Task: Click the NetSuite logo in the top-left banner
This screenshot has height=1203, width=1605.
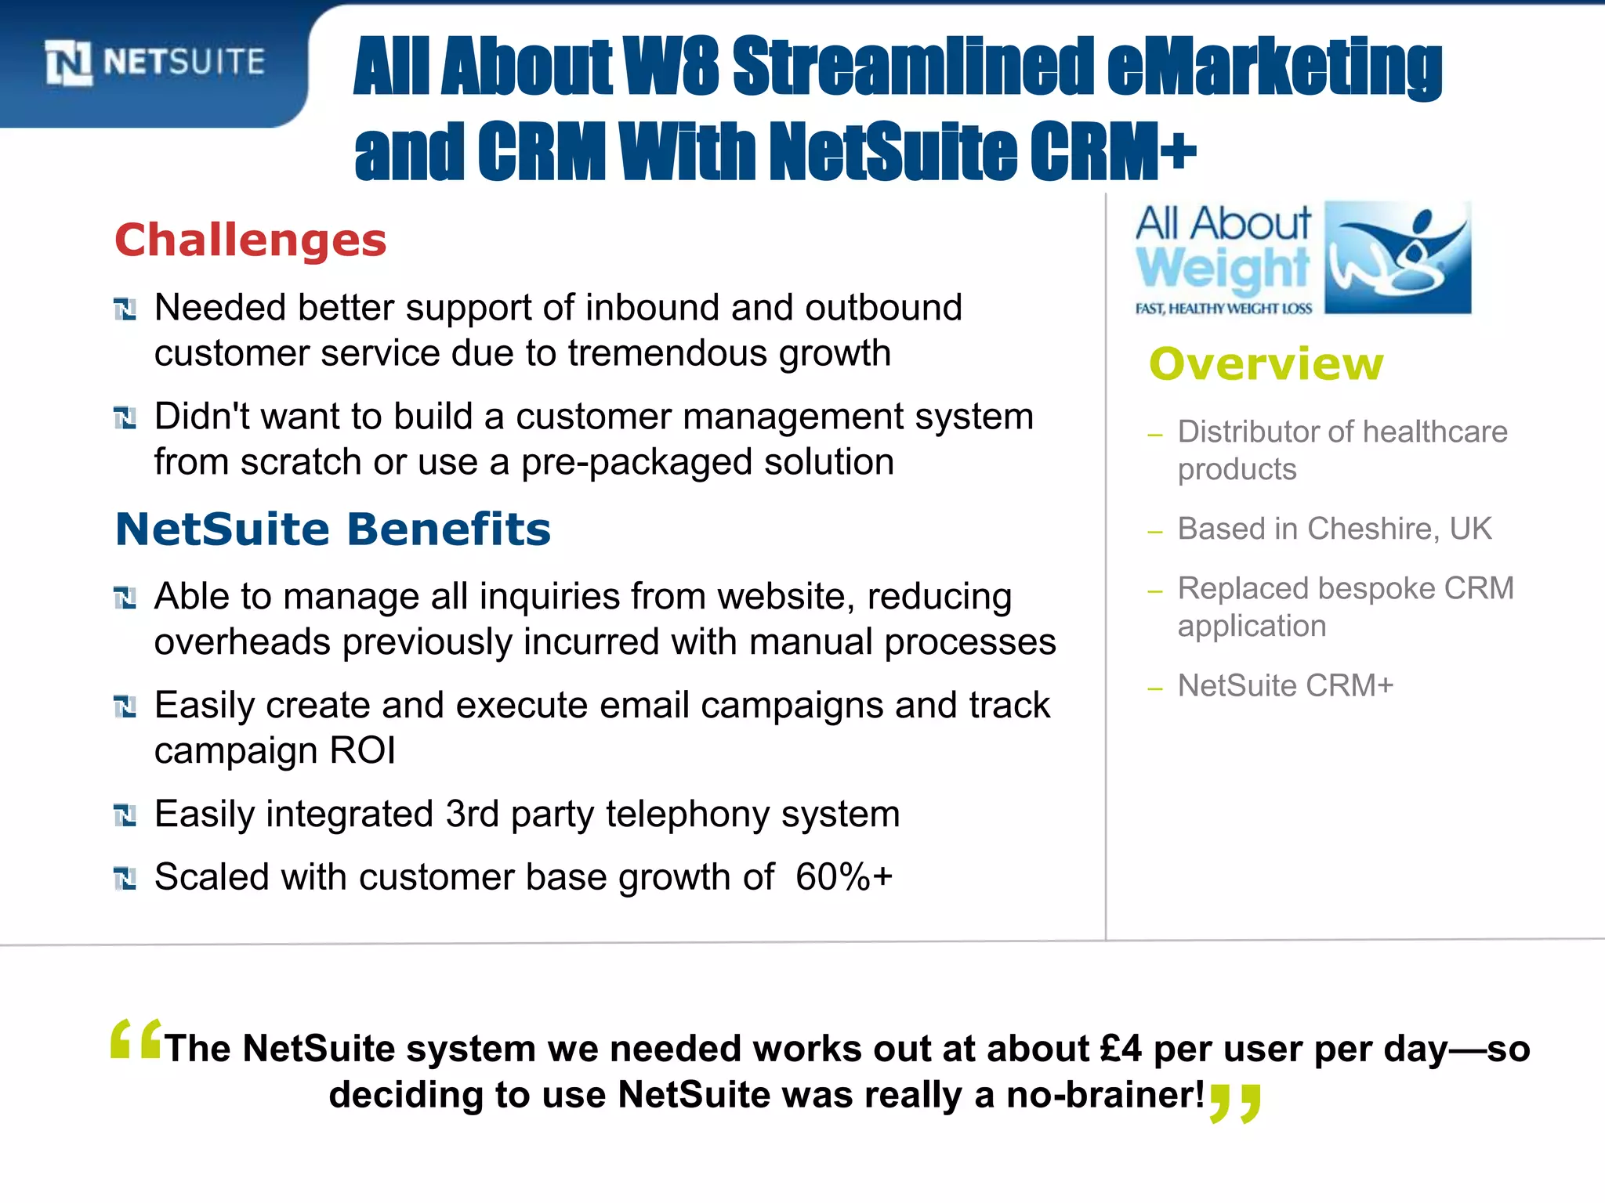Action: tap(154, 62)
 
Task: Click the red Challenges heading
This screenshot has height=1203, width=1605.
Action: tap(251, 240)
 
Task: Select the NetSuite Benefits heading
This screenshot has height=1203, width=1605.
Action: tap(333, 529)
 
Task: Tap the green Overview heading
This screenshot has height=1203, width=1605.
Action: tap(1266, 364)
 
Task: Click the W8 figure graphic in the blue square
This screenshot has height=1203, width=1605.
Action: tap(1397, 257)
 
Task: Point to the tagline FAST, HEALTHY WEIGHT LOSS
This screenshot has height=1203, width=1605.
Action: tap(1223, 309)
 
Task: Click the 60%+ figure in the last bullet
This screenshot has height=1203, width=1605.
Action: tap(843, 876)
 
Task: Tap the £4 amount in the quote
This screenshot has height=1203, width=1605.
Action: tap(1121, 1049)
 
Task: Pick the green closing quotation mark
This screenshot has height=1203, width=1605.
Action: tap(1235, 1103)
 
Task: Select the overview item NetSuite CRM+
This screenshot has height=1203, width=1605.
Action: tap(1285, 685)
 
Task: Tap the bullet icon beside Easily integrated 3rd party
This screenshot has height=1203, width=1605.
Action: tap(125, 815)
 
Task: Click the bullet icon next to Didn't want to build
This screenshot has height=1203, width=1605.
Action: tap(125, 417)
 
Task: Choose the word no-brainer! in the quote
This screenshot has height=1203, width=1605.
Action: tap(1105, 1094)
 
